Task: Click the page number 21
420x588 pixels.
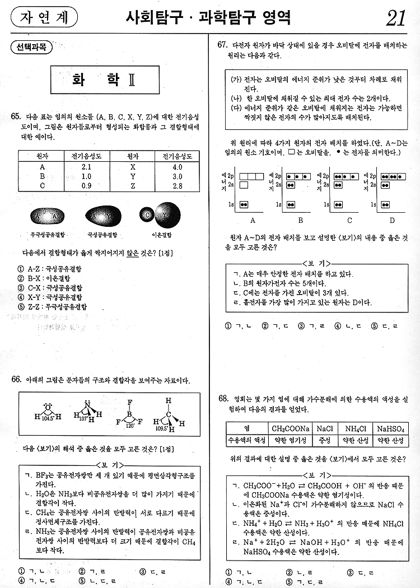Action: click(395, 18)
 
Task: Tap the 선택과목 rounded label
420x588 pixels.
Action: click(31, 48)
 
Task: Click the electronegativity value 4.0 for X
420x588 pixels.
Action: click(178, 167)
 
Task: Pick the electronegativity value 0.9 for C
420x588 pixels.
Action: click(86, 185)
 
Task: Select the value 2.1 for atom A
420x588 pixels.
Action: click(86, 167)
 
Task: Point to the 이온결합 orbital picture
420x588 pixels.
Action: click(157, 215)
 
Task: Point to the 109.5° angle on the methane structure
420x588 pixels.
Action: click(161, 428)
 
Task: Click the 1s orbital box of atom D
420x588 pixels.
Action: click(385, 204)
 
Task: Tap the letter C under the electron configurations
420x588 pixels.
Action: click(349, 220)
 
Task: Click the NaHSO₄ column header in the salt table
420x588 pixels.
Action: click(390, 428)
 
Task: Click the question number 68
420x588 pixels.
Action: click(223, 398)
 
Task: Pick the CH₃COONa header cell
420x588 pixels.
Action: click(291, 428)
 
